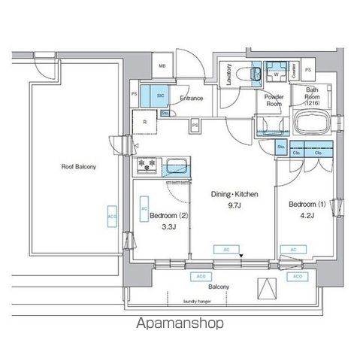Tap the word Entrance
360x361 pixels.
point(192,98)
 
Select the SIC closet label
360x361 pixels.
point(161,96)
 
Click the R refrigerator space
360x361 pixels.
point(145,120)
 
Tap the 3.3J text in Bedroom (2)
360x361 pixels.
point(162,226)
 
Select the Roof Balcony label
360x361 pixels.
point(78,166)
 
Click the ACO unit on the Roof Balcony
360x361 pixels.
point(112,215)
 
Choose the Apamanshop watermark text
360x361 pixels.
point(180,323)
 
